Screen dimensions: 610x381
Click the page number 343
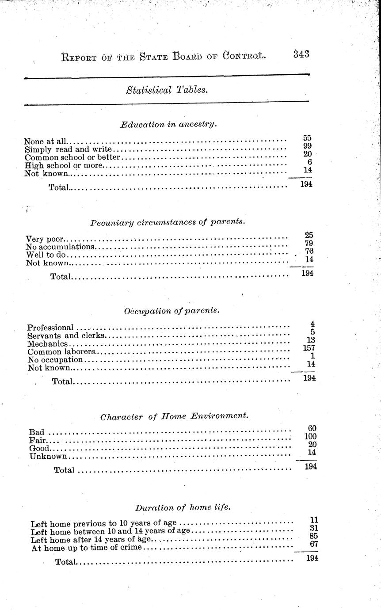pyautogui.click(x=301, y=54)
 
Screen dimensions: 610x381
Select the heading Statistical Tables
pyautogui.click(x=167, y=90)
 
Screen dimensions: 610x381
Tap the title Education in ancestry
pyautogui.click(x=168, y=124)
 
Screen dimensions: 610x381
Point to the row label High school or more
pyautogui.click(x=64, y=165)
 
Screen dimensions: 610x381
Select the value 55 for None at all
pyautogui.click(x=307, y=138)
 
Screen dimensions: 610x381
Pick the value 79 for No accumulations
pyautogui.click(x=309, y=243)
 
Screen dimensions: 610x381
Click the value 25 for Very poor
pyautogui.click(x=309, y=235)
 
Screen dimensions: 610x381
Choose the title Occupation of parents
pyautogui.click(x=171, y=310)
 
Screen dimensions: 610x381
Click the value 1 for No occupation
pyautogui.click(x=312, y=356)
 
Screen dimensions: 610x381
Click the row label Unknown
pyautogui.click(x=48, y=456)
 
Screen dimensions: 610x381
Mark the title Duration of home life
pyautogui.click(x=182, y=507)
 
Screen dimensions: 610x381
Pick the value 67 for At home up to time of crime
pyautogui.click(x=314, y=544)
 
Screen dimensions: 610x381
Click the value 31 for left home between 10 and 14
pyautogui.click(x=314, y=528)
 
